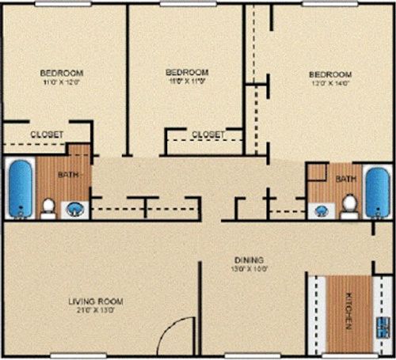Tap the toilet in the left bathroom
click(48, 207)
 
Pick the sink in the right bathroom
click(321, 210)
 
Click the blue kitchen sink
click(383, 326)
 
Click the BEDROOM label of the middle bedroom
click(187, 72)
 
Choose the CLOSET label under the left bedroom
click(47, 135)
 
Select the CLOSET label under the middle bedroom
click(208, 135)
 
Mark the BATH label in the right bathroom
click(346, 180)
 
